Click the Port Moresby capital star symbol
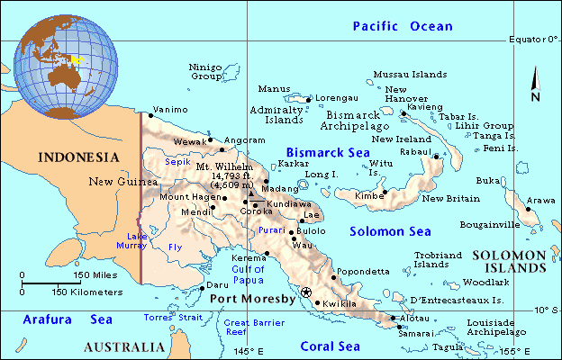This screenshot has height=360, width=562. tap(306, 292)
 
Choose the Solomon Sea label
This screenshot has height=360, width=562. tap(390, 231)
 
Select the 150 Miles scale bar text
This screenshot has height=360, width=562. tap(94, 274)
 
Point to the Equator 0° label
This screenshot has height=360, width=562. tap(533, 40)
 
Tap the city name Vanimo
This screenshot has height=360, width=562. tap(169, 110)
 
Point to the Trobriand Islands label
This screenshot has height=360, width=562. tap(436, 259)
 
